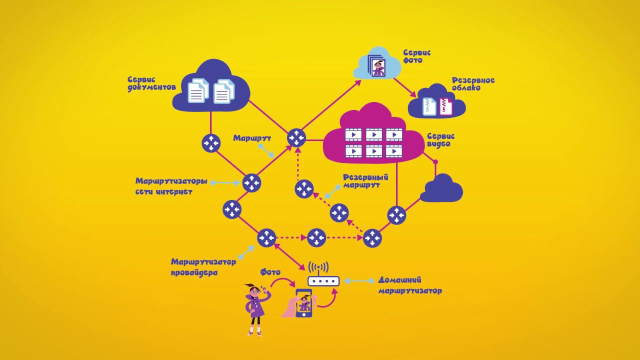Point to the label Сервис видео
tap(440, 139)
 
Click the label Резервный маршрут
tap(365, 180)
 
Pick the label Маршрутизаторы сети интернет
tap(170, 186)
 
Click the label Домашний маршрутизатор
tap(409, 285)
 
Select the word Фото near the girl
tap(270, 272)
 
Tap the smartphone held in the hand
tap(304, 303)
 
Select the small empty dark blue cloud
tap(441, 189)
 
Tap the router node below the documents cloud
tap(210, 143)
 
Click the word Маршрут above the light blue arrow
tap(252, 138)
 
